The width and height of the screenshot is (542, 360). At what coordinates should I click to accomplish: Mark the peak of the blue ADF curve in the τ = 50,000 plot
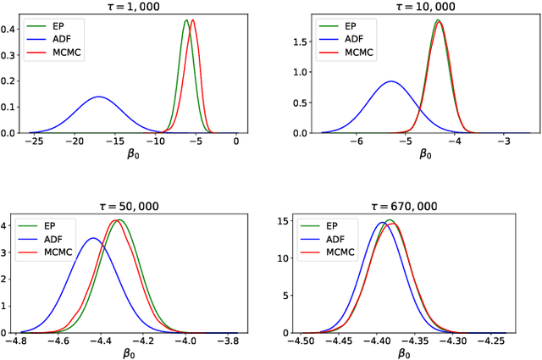coord(93,238)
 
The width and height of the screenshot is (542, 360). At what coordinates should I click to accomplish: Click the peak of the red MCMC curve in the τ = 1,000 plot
coord(193,19)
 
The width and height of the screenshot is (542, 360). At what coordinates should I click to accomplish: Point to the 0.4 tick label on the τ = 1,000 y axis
coord(9,29)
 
